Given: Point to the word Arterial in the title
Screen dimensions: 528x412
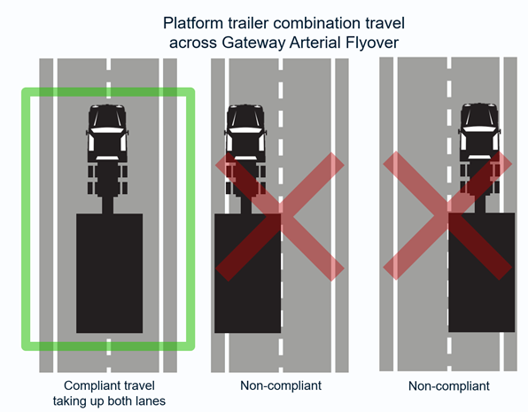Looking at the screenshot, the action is (316, 43).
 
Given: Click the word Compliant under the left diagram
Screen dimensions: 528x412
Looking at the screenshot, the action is (89, 386).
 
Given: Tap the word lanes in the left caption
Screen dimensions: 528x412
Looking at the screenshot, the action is (151, 400).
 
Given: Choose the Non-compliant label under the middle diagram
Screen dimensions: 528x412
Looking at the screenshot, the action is (281, 385).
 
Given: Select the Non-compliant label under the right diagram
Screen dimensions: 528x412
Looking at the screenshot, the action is (449, 385).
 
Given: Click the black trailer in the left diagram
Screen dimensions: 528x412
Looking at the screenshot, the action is (110, 273).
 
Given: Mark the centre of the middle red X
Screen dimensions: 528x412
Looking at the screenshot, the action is (280, 216).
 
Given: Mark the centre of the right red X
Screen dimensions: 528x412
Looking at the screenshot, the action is (448, 215).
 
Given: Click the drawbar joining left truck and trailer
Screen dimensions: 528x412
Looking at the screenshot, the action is (107, 205).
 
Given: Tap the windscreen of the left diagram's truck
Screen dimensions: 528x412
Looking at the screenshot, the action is (107, 118).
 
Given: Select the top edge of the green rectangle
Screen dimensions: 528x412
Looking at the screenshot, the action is (108, 92).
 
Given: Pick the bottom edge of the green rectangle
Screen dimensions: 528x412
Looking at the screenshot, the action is (108, 346).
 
